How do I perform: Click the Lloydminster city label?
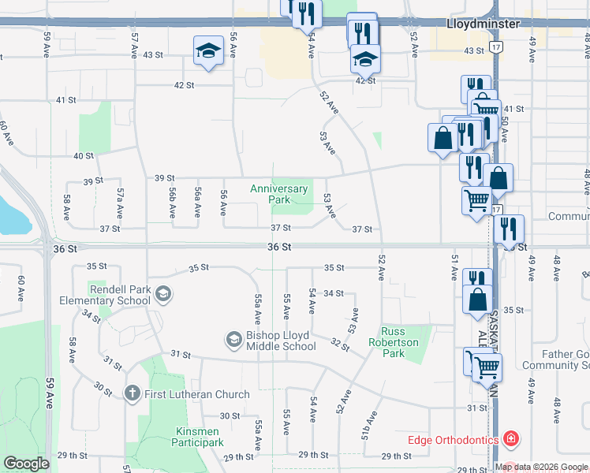(x=483, y=24)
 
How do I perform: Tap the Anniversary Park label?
(x=279, y=194)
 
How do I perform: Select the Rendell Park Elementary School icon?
(x=163, y=295)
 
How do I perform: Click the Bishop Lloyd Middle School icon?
(x=233, y=340)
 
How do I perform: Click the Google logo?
(x=26, y=464)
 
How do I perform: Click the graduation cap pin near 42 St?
(x=365, y=59)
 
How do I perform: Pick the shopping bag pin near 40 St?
(x=442, y=138)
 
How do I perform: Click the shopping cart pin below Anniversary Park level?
(x=476, y=200)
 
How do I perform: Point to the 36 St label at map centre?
(x=279, y=247)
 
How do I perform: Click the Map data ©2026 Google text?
(x=541, y=467)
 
